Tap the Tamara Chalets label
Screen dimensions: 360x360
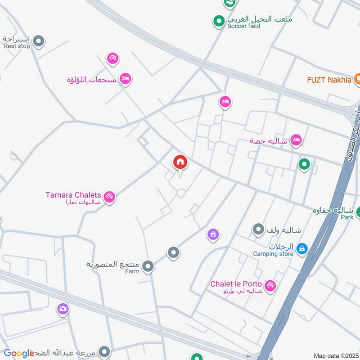(73, 195)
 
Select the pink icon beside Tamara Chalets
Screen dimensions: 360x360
(109, 197)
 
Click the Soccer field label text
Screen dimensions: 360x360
(243, 26)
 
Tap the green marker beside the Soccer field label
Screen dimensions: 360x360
(219, 21)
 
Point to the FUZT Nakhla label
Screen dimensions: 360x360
(329, 80)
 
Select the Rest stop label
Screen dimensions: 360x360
(17, 46)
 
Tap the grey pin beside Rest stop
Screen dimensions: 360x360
(39, 41)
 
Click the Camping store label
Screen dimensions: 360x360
(273, 254)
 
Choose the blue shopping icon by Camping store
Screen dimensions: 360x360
(302, 247)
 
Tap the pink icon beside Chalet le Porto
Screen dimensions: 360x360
(270, 285)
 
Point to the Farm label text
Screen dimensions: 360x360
(132, 271)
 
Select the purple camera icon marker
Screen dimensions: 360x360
(63, 309)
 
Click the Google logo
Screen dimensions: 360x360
(19, 353)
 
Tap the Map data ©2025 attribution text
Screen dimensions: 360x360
(335, 355)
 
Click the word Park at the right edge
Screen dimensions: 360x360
(347, 217)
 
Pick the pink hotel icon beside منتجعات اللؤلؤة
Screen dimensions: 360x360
(126, 79)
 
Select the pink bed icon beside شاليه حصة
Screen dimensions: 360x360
(296, 140)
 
